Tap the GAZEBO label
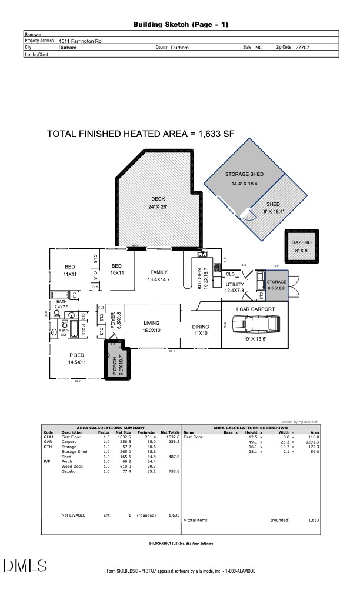point(301,242)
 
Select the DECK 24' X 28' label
point(158,202)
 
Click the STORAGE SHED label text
point(244,175)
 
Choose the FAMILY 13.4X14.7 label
point(159,275)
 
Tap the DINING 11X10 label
point(201,330)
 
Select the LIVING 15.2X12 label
point(152,327)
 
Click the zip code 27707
point(302,48)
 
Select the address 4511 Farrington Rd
point(80,42)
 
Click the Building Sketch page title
point(181,25)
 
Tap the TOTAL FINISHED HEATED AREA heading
point(141,134)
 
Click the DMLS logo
point(25,566)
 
